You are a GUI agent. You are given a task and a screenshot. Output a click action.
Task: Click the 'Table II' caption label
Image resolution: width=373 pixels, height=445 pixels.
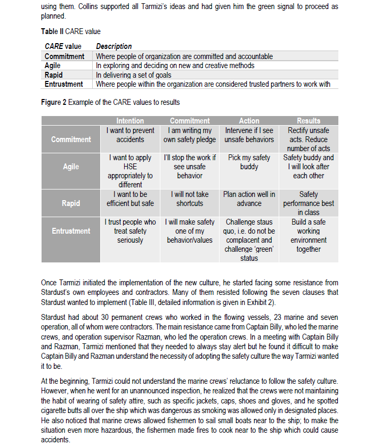(52, 32)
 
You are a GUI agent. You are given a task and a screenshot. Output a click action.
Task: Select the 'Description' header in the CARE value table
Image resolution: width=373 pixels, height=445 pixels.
(113, 46)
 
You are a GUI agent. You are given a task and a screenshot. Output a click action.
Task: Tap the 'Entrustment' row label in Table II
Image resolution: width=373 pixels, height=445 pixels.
(63, 84)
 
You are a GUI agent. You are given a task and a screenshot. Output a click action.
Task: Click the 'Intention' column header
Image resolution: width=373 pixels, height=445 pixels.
(130, 121)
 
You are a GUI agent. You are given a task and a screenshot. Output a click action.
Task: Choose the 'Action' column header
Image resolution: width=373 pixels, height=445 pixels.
(249, 121)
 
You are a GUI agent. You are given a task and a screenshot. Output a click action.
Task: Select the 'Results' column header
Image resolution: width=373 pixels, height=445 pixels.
(309, 121)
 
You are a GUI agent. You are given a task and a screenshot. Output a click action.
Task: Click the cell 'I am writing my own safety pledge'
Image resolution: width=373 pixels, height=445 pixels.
(190, 135)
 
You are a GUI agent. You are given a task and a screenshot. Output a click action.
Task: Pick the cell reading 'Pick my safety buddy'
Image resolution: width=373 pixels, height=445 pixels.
(249, 162)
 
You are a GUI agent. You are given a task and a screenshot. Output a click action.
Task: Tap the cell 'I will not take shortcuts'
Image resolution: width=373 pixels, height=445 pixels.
(190, 199)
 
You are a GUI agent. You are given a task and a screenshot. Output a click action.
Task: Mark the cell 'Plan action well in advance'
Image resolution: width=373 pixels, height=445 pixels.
(249, 199)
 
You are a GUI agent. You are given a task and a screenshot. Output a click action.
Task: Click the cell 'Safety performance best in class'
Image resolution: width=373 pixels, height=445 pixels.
(309, 203)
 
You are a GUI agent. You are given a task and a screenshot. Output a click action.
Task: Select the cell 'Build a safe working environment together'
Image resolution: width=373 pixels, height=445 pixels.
(309, 235)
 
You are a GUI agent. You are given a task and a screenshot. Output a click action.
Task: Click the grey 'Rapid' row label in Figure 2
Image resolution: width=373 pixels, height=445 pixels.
(71, 203)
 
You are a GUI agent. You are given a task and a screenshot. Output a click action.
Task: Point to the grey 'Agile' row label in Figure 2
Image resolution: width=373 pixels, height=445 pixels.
(71, 167)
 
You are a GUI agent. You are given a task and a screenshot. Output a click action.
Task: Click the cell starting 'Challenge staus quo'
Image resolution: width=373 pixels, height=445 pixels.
(249, 240)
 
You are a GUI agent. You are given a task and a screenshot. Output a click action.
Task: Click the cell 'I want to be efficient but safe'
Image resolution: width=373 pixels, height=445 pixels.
(130, 199)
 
